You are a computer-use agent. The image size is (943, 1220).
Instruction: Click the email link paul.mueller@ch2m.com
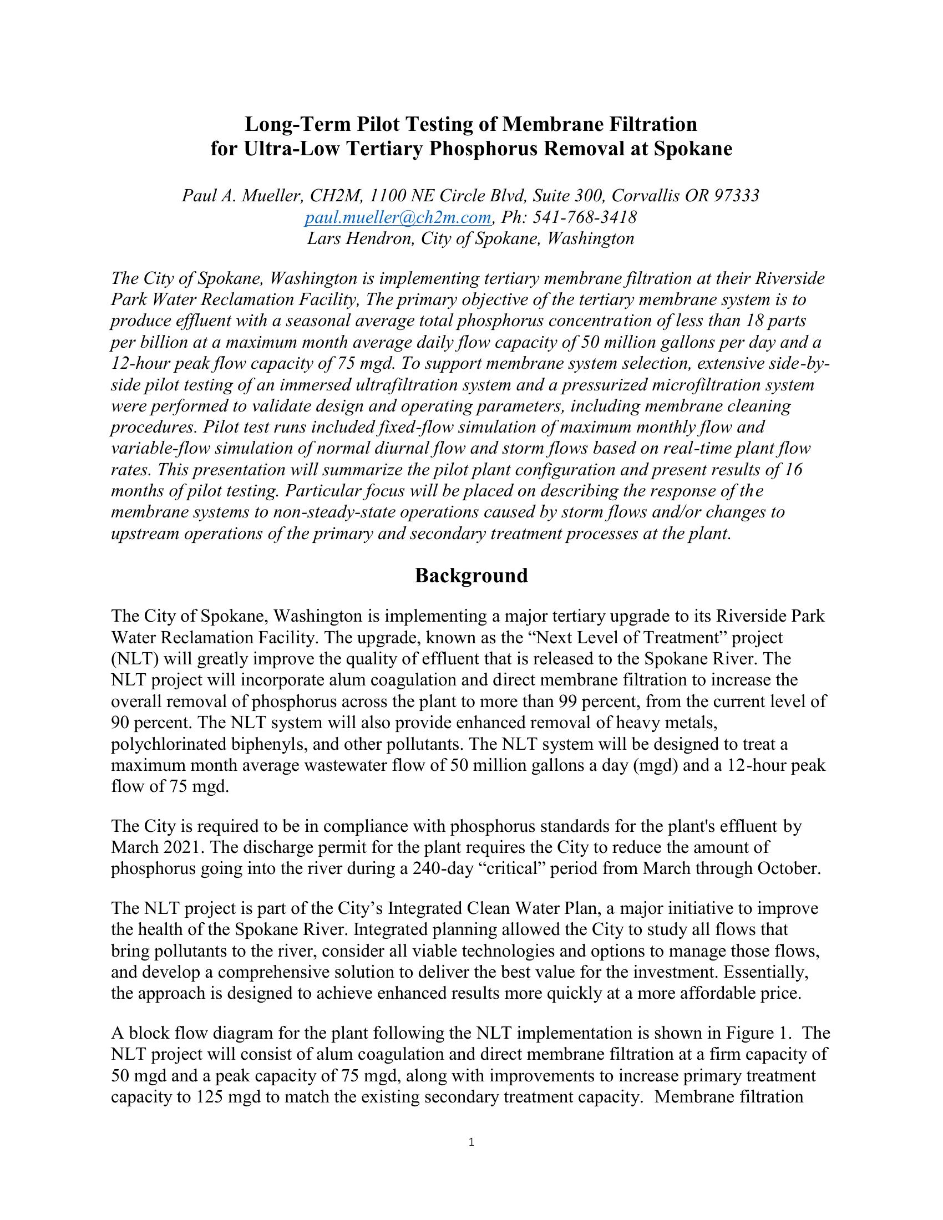[x=398, y=217]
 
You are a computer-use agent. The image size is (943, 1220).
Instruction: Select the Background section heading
[x=471, y=576]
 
